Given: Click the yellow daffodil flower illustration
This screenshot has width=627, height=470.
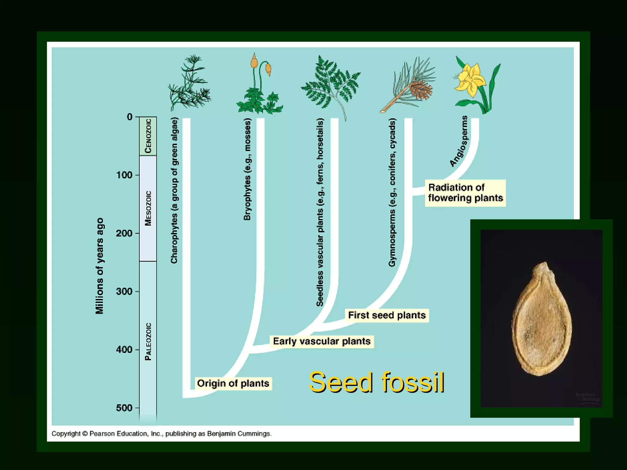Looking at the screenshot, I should point(470,78).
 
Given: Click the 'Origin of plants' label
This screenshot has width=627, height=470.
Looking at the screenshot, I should point(233,383).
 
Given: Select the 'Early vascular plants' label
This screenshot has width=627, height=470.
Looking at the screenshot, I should point(321,341).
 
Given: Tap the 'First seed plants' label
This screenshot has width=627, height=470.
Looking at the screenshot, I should point(387,315).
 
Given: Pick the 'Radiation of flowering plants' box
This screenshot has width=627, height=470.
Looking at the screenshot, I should point(465,193).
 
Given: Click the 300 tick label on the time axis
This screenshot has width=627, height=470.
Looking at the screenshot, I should point(124,292).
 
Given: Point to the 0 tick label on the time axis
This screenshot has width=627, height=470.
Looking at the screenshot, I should point(130,117).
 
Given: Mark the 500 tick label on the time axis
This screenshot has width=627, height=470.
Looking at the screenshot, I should point(124,408).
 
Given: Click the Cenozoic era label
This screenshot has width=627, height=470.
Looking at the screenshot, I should point(148,136).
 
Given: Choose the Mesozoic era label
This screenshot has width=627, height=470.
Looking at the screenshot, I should point(148,208).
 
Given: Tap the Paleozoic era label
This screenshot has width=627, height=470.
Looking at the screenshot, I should point(148,341).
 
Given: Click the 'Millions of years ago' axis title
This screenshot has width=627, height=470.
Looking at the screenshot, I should point(100,266).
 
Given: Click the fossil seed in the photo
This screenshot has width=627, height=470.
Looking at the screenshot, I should point(542,320).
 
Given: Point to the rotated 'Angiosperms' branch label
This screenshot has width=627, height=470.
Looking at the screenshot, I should point(459,141).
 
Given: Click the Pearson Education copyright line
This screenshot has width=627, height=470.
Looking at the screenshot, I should point(161,434).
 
